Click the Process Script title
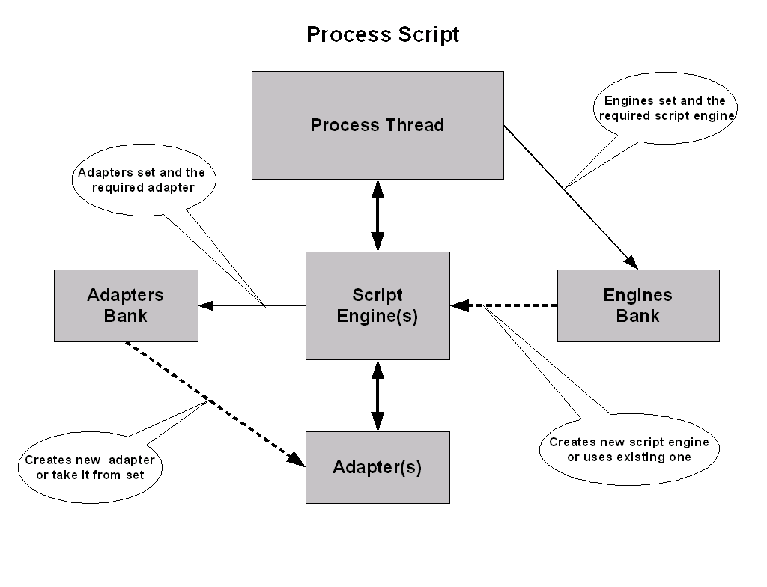383,35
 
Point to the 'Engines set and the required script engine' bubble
665,109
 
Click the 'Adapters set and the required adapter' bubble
143,180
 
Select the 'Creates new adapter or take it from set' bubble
90,467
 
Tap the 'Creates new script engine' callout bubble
629,450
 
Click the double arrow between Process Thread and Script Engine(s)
378,216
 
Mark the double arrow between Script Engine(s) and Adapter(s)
378,395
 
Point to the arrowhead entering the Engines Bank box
631,262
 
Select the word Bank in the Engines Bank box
638,316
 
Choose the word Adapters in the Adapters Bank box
126,295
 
